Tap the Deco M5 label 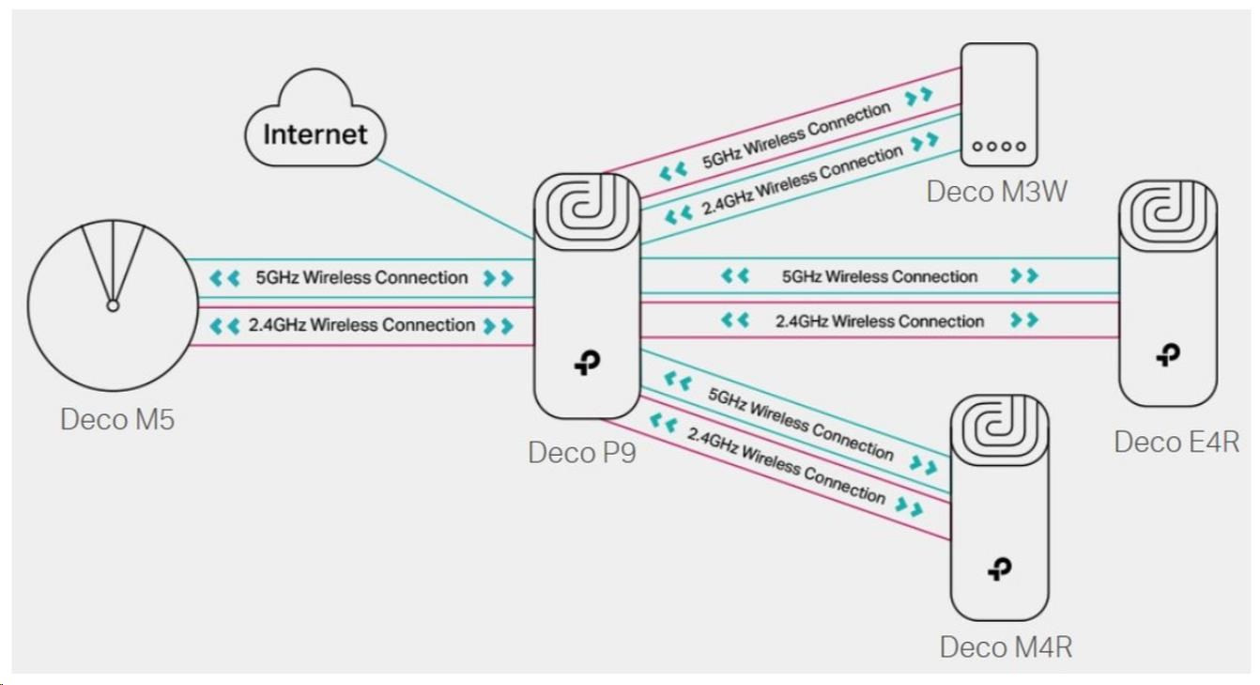(x=117, y=419)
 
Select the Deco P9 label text (x=582, y=452)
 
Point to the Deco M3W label (x=997, y=192)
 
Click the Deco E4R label (x=1176, y=441)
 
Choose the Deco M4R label (x=1006, y=646)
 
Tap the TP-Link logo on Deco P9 (x=587, y=364)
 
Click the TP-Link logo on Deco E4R (x=1168, y=354)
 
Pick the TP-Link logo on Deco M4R (x=999, y=568)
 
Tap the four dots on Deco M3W (x=999, y=147)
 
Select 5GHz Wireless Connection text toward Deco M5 (x=361, y=278)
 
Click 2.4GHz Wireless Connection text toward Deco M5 (x=361, y=325)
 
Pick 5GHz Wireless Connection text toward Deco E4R (x=880, y=276)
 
